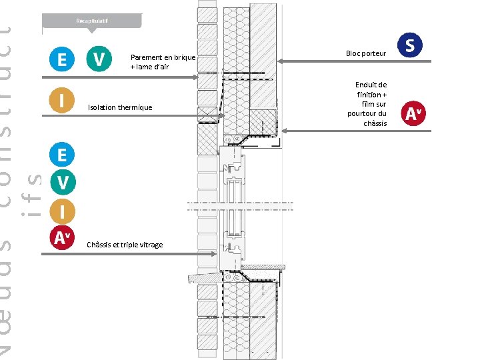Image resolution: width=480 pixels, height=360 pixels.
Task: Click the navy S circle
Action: coord(409,46)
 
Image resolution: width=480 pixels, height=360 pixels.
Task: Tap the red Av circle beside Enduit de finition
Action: coord(413,114)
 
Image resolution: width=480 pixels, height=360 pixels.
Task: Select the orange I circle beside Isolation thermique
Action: coord(62,101)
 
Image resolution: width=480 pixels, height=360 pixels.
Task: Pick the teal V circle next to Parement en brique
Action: coord(99,60)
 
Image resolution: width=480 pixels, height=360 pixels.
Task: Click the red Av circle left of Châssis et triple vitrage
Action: coord(62,237)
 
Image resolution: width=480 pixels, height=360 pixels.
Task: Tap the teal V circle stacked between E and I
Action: coord(62,182)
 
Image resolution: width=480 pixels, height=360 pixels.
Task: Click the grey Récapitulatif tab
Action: coord(92,21)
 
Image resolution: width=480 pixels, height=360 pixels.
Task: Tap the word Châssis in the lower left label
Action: coord(99,245)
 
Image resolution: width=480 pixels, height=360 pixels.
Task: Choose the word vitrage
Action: coord(151,245)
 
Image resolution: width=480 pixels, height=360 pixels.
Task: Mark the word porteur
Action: coord(375,53)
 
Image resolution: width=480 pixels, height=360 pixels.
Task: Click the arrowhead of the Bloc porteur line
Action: coord(280,61)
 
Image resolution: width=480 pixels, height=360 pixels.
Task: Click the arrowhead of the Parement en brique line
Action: coord(197,78)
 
